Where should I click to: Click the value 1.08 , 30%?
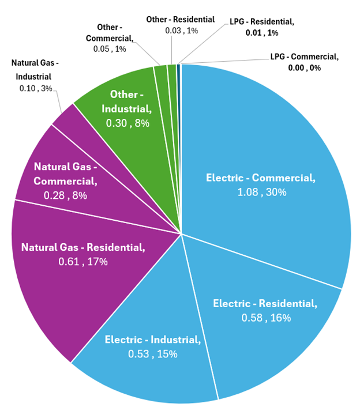tap(261, 193)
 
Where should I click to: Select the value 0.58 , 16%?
tap(265, 318)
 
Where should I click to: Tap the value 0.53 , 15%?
tap(152, 353)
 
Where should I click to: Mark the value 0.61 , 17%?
tap(83, 262)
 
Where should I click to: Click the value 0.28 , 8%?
tap(65, 195)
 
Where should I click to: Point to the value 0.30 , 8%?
tap(127, 123)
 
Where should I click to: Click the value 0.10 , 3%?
tap(36, 89)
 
